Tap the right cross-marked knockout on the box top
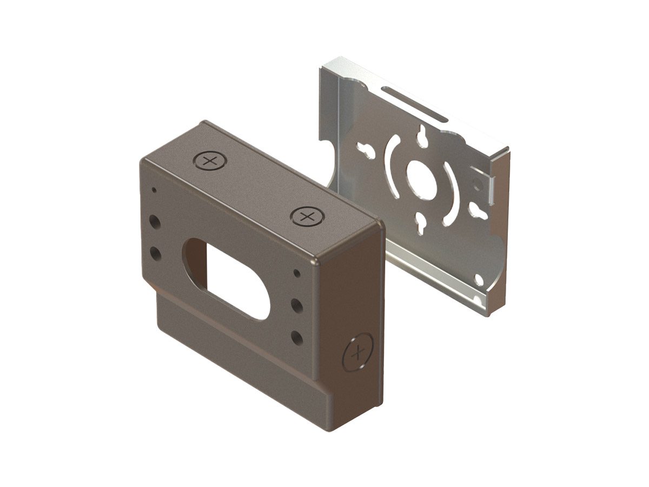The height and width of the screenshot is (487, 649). coord(307,217)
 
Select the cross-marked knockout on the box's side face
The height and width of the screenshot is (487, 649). coord(358,354)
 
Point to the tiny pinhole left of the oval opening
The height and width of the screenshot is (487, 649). coord(154,190)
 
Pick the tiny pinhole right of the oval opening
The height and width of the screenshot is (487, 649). coord(296,272)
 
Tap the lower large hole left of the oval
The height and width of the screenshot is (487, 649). coord(155,253)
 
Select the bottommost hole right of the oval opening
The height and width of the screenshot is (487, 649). coord(296,337)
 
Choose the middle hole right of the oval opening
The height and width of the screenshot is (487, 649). coord(296,304)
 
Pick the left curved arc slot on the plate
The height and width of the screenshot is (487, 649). coord(392,159)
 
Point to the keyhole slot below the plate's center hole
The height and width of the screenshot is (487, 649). coord(421,221)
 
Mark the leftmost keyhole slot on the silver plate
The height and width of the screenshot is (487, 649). coord(368,149)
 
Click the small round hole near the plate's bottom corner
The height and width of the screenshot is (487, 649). coord(479,280)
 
